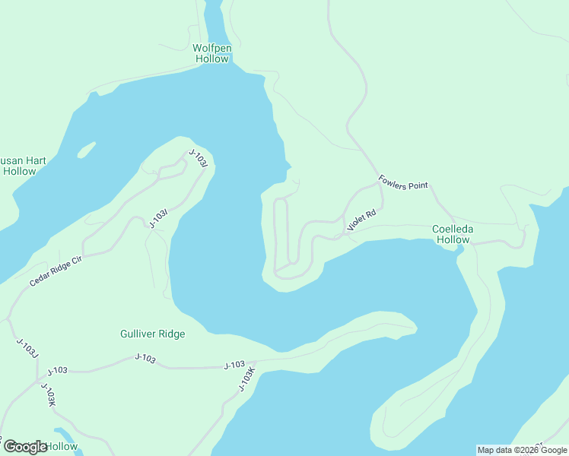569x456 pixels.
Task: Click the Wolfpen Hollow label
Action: [x=211, y=53]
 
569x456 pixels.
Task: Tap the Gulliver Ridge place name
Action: [x=152, y=334]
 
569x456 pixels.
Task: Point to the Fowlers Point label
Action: [x=403, y=182]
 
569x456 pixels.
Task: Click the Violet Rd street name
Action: [x=361, y=220]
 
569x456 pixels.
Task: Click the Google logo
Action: [x=26, y=447]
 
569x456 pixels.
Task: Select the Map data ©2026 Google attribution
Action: [x=522, y=450]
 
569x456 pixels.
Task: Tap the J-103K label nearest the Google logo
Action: [x=49, y=395]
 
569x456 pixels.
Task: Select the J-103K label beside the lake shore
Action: [x=246, y=380]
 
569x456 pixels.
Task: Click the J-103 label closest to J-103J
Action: [x=58, y=371]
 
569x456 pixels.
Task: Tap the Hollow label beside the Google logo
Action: [x=62, y=446]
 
